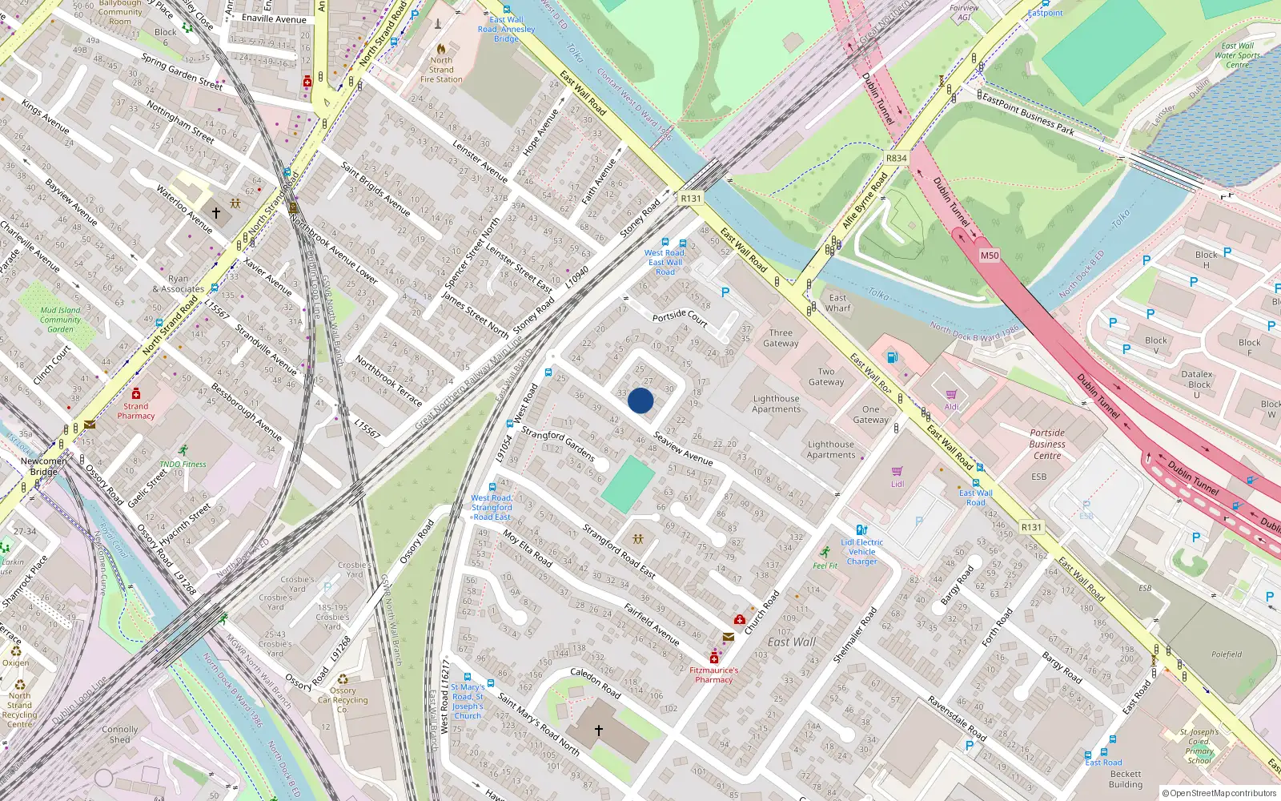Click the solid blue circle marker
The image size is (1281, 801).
(640, 400)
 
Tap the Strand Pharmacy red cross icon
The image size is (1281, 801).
(136, 393)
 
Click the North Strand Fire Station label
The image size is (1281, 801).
(441, 70)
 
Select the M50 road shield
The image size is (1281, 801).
(990, 256)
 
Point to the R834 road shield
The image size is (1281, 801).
(896, 158)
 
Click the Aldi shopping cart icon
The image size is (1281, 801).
(951, 394)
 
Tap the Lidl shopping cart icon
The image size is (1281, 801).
(897, 472)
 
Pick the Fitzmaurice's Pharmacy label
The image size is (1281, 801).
(713, 674)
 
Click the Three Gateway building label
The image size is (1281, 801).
(781, 338)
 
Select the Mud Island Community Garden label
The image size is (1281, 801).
(61, 320)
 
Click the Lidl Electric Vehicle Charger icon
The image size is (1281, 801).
(861, 530)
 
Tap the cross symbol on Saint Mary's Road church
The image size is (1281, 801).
(599, 731)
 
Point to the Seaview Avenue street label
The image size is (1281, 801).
(683, 449)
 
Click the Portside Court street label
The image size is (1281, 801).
(679, 317)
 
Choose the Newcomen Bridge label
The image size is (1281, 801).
(44, 466)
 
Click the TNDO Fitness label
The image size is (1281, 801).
(183, 464)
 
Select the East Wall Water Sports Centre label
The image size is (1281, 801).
(1237, 55)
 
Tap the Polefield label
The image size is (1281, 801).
(1226, 654)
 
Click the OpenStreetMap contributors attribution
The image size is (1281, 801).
(1219, 793)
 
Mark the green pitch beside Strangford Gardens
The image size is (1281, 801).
(628, 485)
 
